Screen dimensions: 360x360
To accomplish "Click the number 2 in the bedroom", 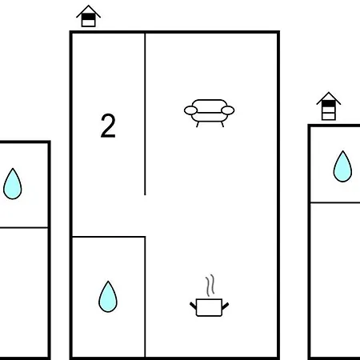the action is tap(108, 126).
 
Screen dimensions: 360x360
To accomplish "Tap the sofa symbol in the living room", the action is tap(210, 113).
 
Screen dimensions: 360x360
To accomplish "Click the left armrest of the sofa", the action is tap(190, 110).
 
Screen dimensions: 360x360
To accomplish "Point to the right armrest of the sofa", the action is tap(228, 110).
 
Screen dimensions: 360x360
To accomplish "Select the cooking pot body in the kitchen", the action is tap(209, 307).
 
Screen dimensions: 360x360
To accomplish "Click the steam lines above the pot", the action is tap(210, 285).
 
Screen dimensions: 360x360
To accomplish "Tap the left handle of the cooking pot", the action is tap(193, 306).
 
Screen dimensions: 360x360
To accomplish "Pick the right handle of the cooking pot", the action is tap(226, 306).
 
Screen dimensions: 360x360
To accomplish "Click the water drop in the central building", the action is tap(108, 297).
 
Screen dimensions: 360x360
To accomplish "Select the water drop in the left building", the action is tap(13, 184).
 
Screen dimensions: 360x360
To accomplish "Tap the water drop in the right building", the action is tap(342, 166).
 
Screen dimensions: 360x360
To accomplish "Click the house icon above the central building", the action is tap(88, 16).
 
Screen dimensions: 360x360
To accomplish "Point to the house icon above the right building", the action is tap(329, 106).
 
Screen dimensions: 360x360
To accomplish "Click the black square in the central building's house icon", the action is tap(88, 17).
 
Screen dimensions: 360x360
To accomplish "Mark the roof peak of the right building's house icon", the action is tap(329, 93).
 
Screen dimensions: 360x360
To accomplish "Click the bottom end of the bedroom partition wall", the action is tap(145, 195).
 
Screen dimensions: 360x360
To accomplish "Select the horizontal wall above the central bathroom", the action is tap(109, 237).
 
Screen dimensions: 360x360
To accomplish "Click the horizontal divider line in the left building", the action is tap(24, 227).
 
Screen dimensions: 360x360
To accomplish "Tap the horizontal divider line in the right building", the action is tap(335, 202).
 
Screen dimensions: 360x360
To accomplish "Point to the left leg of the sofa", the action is tap(198, 124).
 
